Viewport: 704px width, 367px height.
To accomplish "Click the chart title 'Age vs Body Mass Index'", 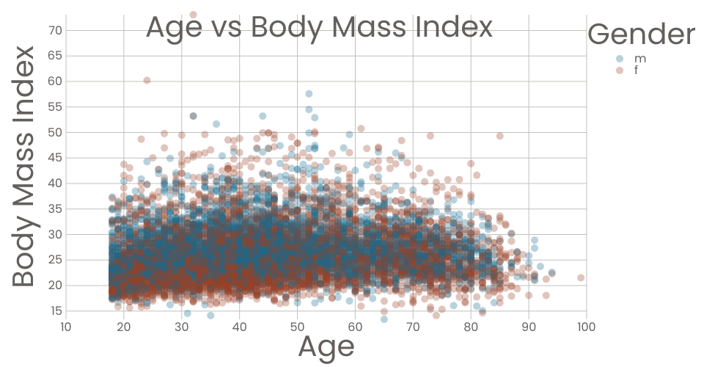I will [x=319, y=28].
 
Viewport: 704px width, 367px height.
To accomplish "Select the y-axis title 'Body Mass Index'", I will [x=24, y=167].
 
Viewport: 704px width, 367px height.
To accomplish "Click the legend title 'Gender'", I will [x=641, y=34].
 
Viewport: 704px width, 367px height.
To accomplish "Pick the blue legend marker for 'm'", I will [x=620, y=59].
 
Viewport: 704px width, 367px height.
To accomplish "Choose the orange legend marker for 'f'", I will [x=620, y=70].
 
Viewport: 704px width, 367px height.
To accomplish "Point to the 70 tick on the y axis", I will [x=55, y=30].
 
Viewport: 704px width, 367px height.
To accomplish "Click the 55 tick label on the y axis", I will [x=55, y=106].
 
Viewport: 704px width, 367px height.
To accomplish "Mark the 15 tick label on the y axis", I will [x=55, y=310].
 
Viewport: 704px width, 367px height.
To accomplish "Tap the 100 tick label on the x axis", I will [x=586, y=327].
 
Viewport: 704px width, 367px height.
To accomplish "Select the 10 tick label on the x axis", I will [x=65, y=327].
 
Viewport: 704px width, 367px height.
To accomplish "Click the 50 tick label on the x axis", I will [x=297, y=327].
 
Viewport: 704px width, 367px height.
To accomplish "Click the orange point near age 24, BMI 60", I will [x=147, y=81].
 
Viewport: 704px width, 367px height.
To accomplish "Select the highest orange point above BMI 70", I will [x=193, y=14].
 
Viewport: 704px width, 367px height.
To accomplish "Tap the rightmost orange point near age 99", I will [x=581, y=277].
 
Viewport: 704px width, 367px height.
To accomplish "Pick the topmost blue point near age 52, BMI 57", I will [x=309, y=94].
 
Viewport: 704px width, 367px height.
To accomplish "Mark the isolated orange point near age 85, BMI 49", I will [x=500, y=136].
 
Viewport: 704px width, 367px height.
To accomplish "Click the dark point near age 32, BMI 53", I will [x=193, y=116].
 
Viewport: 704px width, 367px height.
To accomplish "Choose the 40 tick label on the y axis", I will [x=55, y=183].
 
